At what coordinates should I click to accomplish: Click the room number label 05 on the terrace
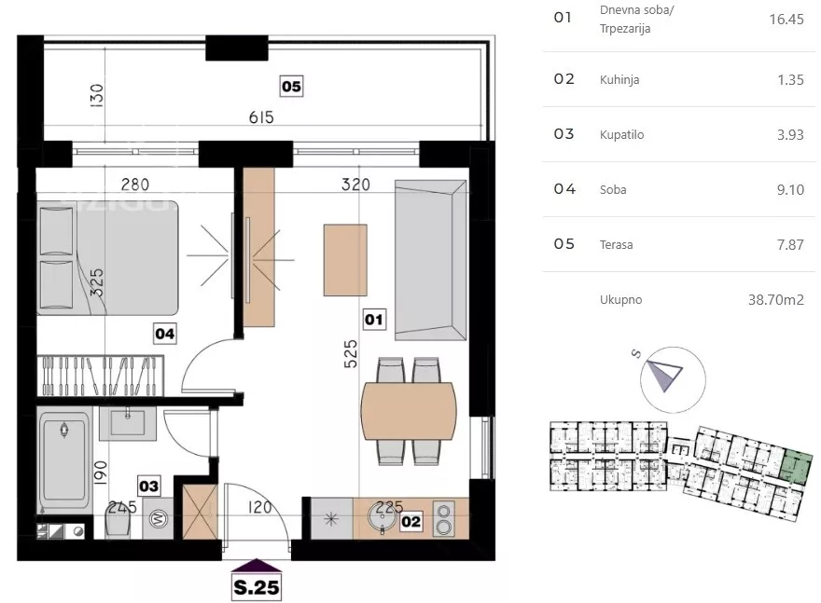[291, 87]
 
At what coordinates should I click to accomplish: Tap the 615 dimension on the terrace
[261, 117]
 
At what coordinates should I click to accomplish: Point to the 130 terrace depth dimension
[97, 96]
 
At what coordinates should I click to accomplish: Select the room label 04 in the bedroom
[164, 334]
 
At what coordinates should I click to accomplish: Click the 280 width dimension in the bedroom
[135, 185]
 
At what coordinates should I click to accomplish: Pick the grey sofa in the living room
[430, 260]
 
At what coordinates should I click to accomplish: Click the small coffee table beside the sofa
[345, 260]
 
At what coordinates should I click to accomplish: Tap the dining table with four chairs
[409, 411]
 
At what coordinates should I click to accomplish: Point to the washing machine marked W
[158, 519]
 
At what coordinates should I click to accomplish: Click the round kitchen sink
[383, 516]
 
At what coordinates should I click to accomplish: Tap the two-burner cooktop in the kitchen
[443, 519]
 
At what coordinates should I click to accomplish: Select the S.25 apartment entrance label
[257, 587]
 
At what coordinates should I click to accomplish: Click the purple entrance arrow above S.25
[257, 566]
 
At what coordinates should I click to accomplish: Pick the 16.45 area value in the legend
[786, 20]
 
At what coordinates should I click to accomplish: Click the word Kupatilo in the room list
[621, 134]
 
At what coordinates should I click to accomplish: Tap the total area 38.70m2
[775, 300]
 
